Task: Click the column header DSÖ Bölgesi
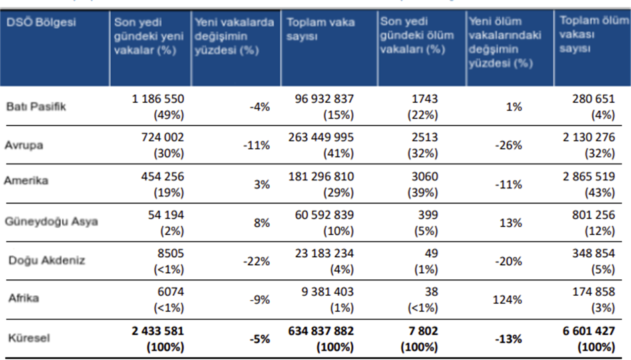click(x=41, y=23)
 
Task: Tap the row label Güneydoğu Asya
click(x=52, y=221)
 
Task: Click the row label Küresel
click(x=27, y=338)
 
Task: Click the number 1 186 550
click(x=158, y=99)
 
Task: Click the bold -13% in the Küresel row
click(x=509, y=339)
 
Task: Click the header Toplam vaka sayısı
click(x=321, y=30)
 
